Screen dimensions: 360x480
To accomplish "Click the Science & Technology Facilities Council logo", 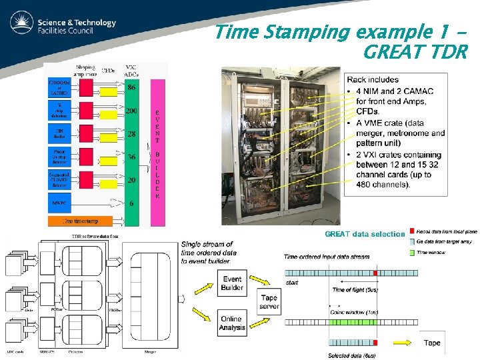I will pyautogui.click(x=63, y=25).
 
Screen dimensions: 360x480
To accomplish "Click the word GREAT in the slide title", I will pyautogui.click(x=396, y=52).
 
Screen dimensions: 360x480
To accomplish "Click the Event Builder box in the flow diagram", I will pyautogui.click(x=232, y=284).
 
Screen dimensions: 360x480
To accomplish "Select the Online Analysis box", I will pyautogui.click(x=232, y=323).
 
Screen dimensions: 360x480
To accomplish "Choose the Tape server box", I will pyautogui.click(x=269, y=302).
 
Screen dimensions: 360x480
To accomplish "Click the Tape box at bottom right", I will pyautogui.click(x=432, y=343).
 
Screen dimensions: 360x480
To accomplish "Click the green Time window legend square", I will pyautogui.click(x=414, y=253).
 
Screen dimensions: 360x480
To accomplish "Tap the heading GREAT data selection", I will pyautogui.click(x=364, y=234).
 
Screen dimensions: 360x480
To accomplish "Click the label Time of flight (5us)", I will pyautogui.click(x=355, y=289).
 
